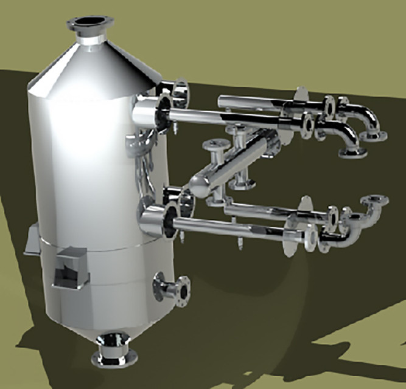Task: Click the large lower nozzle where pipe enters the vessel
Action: click(x=155, y=220)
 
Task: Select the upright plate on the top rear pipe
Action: click(x=300, y=97)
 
